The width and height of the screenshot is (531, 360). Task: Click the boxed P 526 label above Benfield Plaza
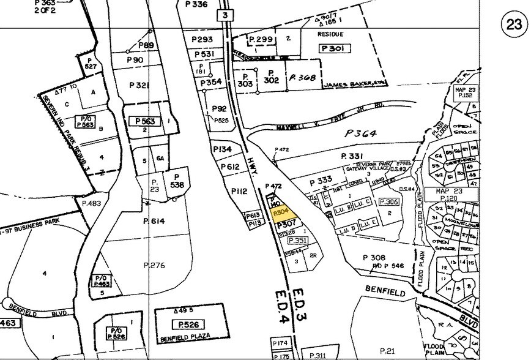187,324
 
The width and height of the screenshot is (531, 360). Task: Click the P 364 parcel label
362,133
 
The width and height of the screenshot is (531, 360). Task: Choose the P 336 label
196,4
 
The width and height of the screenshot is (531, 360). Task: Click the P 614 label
155,221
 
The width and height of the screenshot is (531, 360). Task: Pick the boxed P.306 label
389,201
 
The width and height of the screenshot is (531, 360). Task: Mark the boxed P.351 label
300,241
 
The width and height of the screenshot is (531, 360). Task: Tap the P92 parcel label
219,109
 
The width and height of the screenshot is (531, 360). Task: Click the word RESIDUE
330,35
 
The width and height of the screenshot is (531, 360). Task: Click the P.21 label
387,350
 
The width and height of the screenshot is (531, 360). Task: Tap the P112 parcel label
239,192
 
